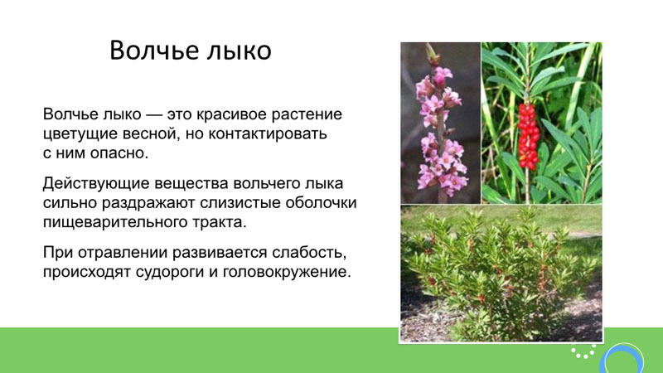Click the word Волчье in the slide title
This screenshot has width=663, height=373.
[x=154, y=51]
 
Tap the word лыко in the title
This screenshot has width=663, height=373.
[x=239, y=51]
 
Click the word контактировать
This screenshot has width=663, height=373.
[x=268, y=133]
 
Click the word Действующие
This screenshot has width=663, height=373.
[x=96, y=183]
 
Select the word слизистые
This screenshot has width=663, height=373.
[x=241, y=202]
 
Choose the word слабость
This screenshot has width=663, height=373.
[x=309, y=253]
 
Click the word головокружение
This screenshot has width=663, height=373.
[x=287, y=272]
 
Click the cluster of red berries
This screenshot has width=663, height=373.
[x=529, y=136]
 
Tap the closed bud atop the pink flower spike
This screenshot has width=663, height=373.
[x=432, y=55]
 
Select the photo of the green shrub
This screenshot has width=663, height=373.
[x=501, y=274]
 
